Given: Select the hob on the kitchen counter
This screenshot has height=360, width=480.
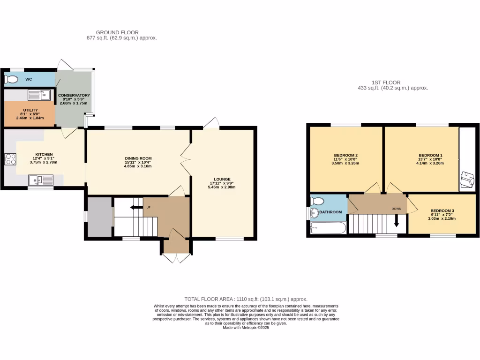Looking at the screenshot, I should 10,159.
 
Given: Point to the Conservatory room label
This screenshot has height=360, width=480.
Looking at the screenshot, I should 74,95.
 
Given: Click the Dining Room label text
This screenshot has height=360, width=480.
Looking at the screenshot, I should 138,158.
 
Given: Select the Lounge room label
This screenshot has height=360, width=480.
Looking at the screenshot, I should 222,179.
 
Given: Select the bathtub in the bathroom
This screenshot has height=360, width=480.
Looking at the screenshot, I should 328,228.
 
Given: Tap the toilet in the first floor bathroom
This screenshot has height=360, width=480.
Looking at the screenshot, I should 317,202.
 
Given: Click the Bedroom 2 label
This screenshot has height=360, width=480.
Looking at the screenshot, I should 346,155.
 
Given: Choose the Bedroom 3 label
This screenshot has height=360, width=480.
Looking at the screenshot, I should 442,210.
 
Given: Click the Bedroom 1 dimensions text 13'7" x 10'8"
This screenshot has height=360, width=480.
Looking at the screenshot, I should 430,159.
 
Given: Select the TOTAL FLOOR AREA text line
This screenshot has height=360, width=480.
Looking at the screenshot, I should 246,299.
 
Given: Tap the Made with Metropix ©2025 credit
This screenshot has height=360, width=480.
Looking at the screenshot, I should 246,328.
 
